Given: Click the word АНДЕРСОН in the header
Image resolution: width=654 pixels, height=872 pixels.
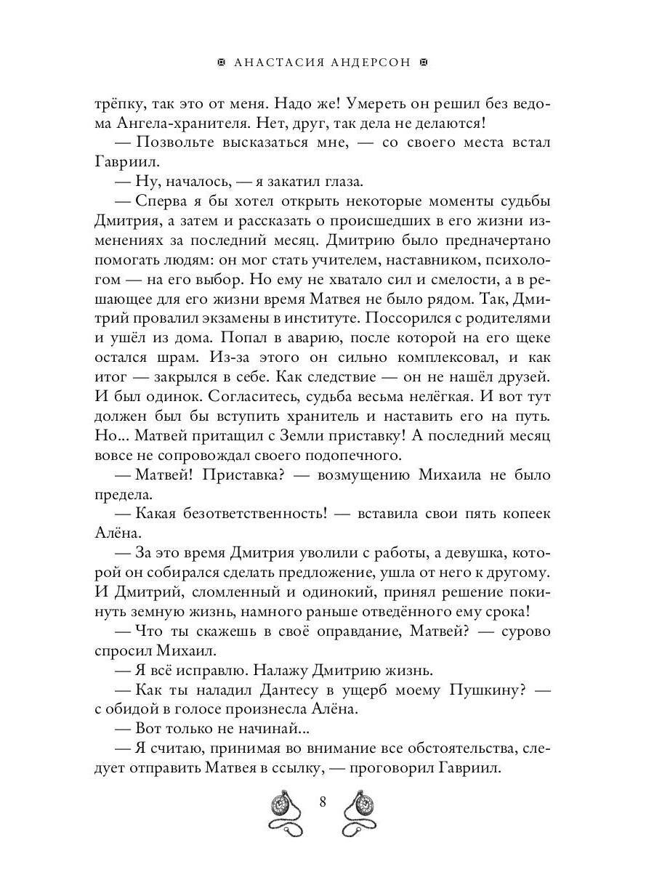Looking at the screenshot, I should pos(373,63).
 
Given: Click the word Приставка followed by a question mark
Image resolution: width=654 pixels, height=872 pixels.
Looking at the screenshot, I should pos(265,475).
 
